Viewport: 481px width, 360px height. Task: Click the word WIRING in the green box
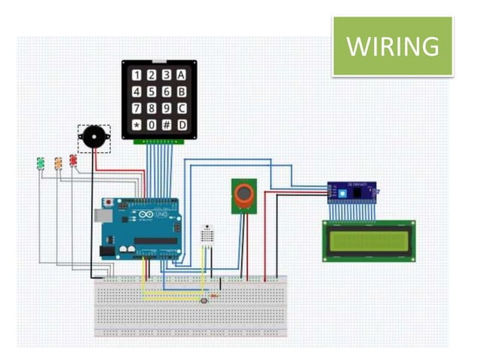coord(392,46)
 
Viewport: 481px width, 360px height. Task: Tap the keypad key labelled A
coord(181,75)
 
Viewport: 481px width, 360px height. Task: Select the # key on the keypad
coord(167,124)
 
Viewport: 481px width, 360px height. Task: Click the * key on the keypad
coord(136,124)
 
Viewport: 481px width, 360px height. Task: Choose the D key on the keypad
coord(181,124)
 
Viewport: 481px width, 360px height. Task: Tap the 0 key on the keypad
coord(152,124)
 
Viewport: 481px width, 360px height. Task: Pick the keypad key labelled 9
coord(167,108)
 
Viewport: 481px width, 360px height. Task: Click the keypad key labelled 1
coord(136,75)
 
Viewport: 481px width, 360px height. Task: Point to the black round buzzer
coord(94,137)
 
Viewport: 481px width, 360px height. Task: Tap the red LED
coord(74,160)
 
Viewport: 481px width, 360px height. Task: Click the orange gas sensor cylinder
coord(243,195)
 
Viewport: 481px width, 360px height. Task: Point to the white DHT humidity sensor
coord(207,235)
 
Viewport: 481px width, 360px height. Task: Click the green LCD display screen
coord(369,240)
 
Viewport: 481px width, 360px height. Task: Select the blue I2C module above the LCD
coord(352,193)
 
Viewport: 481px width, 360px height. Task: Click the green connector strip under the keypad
coord(159,141)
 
